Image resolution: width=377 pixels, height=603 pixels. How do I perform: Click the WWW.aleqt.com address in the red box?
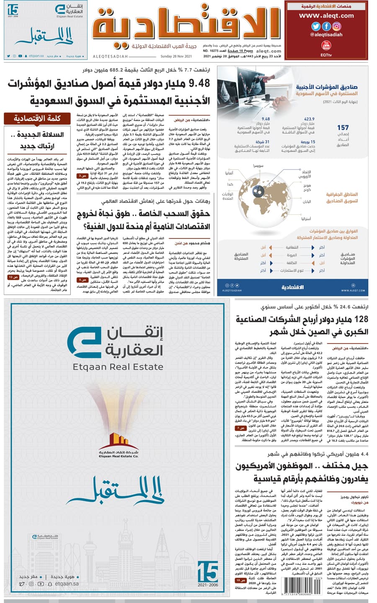pos(326,15)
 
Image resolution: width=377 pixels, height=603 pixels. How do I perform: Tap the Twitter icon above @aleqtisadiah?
pos(316,26)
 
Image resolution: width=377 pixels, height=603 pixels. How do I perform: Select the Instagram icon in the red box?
pos(336,26)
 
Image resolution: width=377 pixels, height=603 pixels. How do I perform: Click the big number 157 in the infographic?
pos(343,128)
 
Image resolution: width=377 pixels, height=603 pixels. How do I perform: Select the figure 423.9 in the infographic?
pos(309,119)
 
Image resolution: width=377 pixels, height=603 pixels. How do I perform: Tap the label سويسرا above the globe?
pos(258,166)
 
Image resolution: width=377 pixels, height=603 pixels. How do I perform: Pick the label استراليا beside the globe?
pos(305,218)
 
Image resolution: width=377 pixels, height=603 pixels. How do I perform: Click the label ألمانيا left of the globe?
pos(229,173)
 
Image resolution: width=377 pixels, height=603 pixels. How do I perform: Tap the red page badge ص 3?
pos(81,176)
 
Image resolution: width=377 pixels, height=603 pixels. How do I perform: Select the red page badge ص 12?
pos(14,277)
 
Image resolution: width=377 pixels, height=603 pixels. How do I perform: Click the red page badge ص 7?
pos(240,429)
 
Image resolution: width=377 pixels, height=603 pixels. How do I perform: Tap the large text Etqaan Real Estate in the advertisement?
pos(118,367)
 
